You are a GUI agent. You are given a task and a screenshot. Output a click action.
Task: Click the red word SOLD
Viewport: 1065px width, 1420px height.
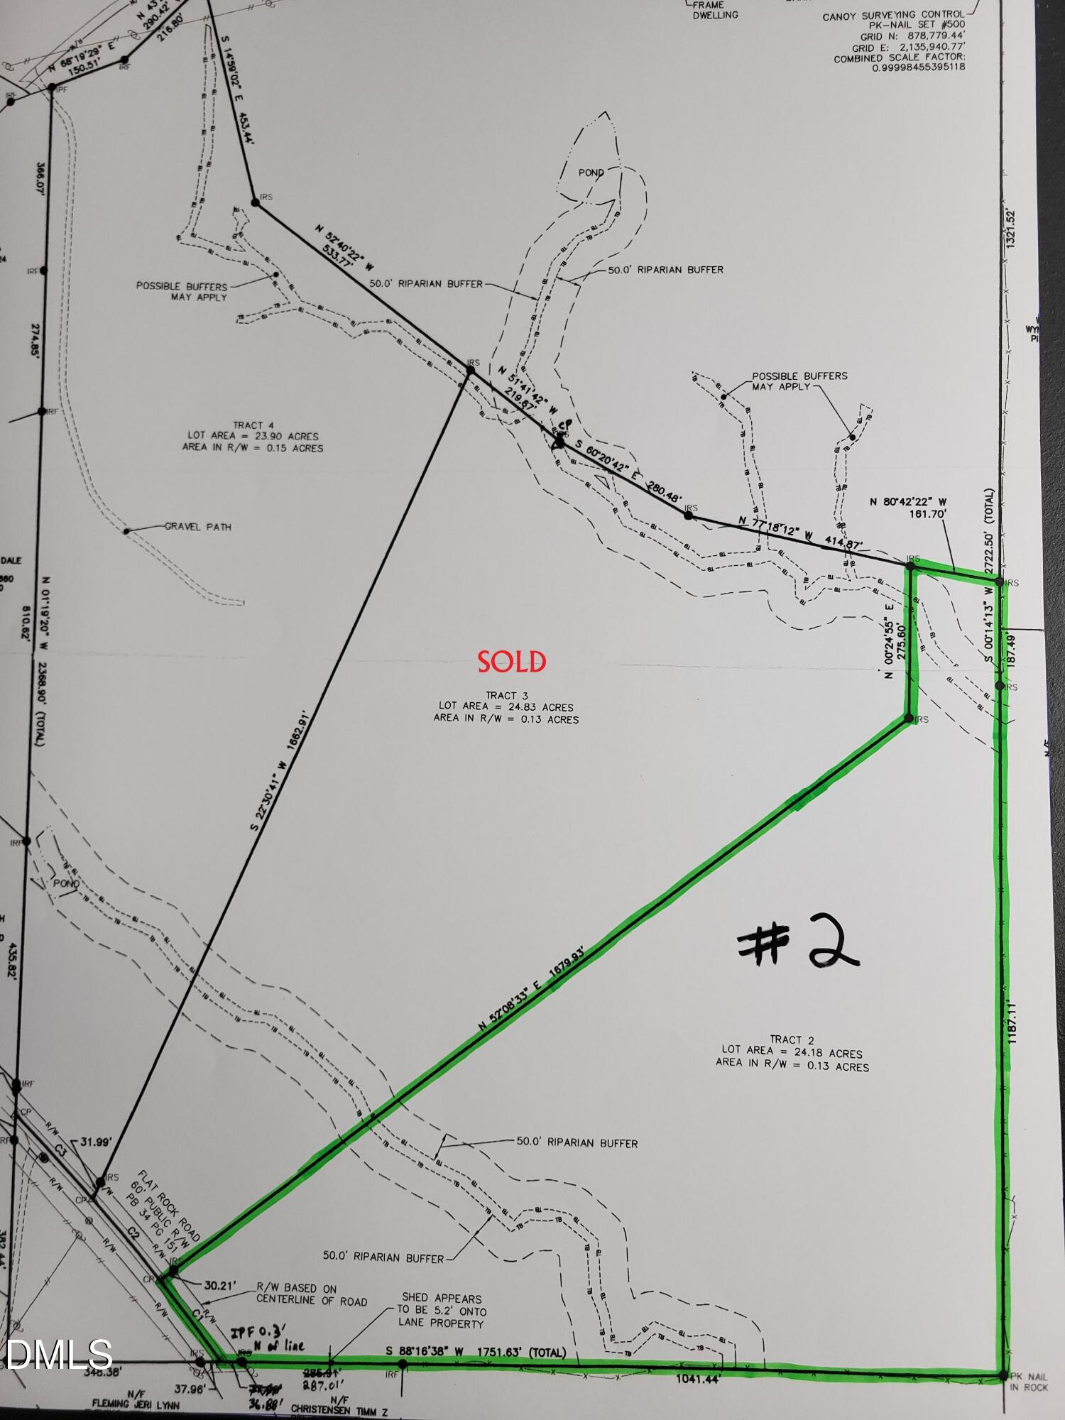click(x=511, y=662)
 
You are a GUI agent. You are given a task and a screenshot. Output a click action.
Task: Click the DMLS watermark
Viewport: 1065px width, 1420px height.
click(x=57, y=1354)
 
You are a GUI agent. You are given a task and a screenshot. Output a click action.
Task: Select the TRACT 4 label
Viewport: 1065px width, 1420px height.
click(x=252, y=425)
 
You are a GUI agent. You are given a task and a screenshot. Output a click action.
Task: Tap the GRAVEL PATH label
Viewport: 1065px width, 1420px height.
click(x=198, y=527)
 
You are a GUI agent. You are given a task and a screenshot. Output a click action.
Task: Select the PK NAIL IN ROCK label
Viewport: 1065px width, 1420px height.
click(x=1028, y=1382)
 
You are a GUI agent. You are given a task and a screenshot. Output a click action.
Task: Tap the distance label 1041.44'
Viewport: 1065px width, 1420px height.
click(x=698, y=1380)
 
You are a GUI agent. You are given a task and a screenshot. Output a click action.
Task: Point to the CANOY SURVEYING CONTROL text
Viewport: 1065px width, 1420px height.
click(x=893, y=15)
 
